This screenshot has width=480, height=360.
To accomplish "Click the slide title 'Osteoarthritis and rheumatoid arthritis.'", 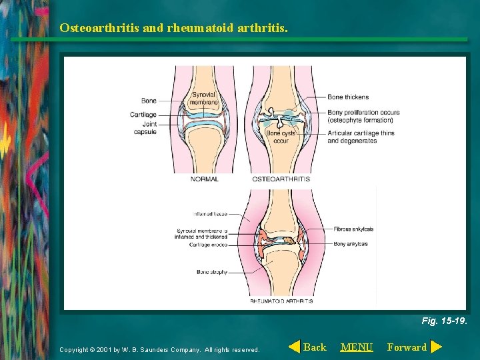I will (x=173, y=28).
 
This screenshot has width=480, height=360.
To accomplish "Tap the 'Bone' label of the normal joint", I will (x=149, y=101).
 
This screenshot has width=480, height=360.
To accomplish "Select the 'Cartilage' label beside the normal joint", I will (x=143, y=115).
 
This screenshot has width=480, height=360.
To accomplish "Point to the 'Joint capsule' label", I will (x=145, y=127).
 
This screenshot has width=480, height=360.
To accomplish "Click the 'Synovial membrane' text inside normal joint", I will (x=205, y=99).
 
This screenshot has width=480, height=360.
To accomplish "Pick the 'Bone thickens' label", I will (x=348, y=97).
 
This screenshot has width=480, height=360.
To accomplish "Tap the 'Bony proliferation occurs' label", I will (x=363, y=112).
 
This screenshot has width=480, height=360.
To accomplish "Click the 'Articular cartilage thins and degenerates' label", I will (x=361, y=137).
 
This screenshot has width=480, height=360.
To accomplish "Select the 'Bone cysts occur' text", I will (x=281, y=137).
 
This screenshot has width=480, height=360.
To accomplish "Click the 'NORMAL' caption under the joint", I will (x=205, y=179).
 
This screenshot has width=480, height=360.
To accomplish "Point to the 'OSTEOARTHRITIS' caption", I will (x=281, y=179).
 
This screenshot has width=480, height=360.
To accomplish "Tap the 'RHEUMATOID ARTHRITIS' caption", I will (x=281, y=301).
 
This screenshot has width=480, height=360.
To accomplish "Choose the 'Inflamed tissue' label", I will (x=210, y=214).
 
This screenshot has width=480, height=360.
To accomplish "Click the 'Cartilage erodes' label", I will (x=208, y=245).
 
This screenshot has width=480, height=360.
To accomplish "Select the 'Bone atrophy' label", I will (x=212, y=271).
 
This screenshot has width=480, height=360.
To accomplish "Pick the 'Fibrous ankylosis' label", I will (x=353, y=229).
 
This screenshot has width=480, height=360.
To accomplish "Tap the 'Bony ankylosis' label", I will (x=351, y=244).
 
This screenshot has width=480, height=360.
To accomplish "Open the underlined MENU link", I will (x=357, y=347).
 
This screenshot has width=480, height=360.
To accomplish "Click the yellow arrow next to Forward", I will (x=436, y=347).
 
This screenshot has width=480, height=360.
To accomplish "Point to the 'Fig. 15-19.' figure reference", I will (x=444, y=321).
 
